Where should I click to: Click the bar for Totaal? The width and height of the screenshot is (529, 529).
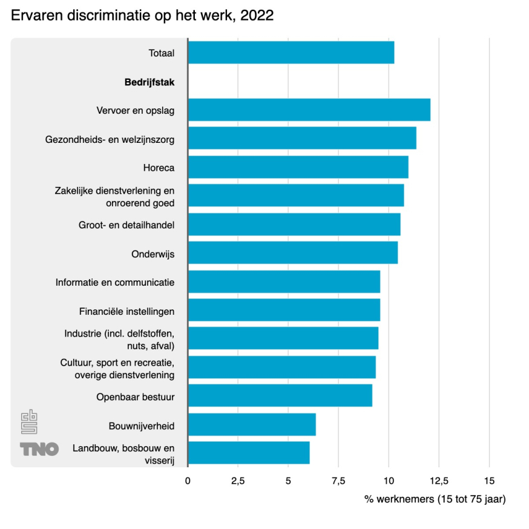[291, 53]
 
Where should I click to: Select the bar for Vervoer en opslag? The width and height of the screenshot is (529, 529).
[309, 110]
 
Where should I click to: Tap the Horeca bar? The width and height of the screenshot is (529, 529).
[298, 167]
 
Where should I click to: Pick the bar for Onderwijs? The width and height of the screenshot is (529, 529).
[292, 252]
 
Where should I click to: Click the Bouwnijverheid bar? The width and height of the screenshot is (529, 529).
[251, 425]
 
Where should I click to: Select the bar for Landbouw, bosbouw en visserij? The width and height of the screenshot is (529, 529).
[248, 453]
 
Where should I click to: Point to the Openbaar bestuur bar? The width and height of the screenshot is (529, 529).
[280, 396]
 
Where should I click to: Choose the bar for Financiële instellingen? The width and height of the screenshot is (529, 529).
[284, 310]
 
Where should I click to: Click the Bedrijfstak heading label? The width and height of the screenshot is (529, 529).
[149, 83]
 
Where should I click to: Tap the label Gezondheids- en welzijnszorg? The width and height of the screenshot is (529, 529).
[110, 140]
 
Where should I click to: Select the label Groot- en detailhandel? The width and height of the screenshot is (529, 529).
[126, 225]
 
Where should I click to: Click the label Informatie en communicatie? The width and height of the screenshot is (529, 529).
[115, 282]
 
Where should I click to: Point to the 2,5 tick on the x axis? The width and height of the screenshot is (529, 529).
[238, 481]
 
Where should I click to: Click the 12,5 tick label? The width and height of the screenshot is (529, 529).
[439, 481]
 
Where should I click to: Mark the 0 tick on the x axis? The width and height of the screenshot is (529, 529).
[188, 481]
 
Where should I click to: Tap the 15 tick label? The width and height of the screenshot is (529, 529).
[489, 481]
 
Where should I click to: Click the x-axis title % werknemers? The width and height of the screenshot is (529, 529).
[435, 499]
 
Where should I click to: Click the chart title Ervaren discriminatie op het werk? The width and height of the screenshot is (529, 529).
[142, 16]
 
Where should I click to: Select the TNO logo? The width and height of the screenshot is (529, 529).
[39, 449]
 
